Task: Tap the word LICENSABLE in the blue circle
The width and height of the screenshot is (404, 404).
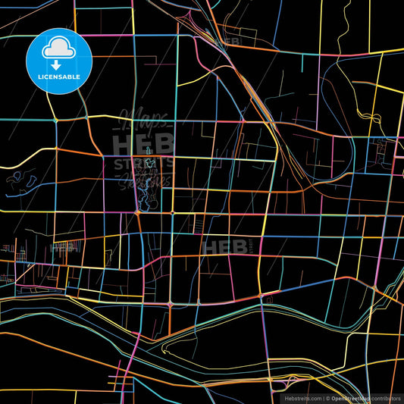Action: [x=59, y=77]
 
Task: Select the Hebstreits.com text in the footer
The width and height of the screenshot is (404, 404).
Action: [x=302, y=397]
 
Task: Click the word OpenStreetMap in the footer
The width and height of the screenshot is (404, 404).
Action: [x=351, y=397]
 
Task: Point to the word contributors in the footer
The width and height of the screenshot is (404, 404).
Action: [x=385, y=397]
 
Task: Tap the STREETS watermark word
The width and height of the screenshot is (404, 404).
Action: [x=143, y=163]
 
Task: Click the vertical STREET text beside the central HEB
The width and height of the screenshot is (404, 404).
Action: [x=246, y=246]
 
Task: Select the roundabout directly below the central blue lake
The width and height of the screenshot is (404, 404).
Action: [x=139, y=213]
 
